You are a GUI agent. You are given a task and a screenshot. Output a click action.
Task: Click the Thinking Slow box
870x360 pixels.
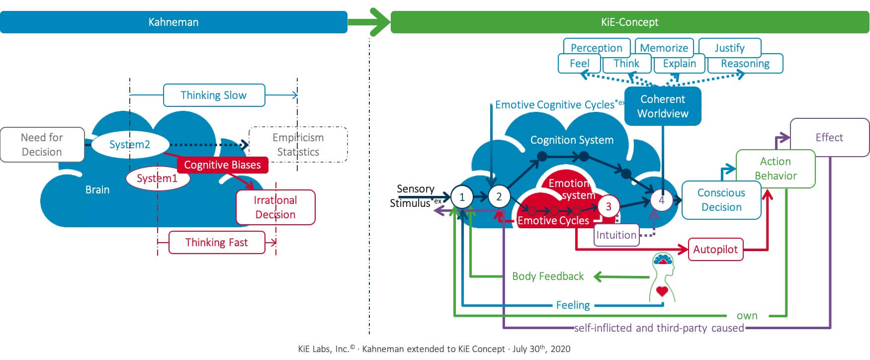(214, 95)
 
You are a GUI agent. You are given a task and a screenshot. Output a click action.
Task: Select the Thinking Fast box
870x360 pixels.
(216, 243)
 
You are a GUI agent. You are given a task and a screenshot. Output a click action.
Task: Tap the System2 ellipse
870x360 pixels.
(129, 145)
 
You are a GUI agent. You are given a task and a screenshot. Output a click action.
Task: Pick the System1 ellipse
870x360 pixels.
(157, 179)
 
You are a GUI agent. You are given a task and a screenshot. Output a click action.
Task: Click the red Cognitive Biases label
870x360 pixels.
(222, 165)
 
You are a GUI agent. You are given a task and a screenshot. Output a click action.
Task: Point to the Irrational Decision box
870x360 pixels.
(275, 207)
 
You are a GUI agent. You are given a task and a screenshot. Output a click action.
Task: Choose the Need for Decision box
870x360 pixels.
(42, 145)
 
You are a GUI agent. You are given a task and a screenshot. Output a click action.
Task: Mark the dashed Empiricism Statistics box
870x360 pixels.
(298, 145)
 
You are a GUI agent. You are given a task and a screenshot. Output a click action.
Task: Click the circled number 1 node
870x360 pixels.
(462, 197)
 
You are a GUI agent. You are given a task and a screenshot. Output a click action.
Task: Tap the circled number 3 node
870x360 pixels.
(608, 206)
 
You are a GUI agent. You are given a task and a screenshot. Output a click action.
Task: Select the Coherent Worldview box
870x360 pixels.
(663, 106)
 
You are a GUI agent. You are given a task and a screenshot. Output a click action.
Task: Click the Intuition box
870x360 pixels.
(616, 235)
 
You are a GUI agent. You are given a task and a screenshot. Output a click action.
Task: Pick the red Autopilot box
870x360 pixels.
(715, 250)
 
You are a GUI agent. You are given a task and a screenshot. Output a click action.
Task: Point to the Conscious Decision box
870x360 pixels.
(721, 200)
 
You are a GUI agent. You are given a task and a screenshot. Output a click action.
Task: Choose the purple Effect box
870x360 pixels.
(829, 137)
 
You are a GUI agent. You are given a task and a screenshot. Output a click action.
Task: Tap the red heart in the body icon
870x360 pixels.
(662, 291)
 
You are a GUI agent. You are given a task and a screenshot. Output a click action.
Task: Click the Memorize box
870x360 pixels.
(664, 48)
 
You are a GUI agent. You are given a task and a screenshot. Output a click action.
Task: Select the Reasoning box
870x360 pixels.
(745, 64)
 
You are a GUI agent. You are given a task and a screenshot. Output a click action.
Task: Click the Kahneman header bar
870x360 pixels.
(174, 22)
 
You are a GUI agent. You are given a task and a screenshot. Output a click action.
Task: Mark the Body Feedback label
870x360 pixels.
(548, 276)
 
